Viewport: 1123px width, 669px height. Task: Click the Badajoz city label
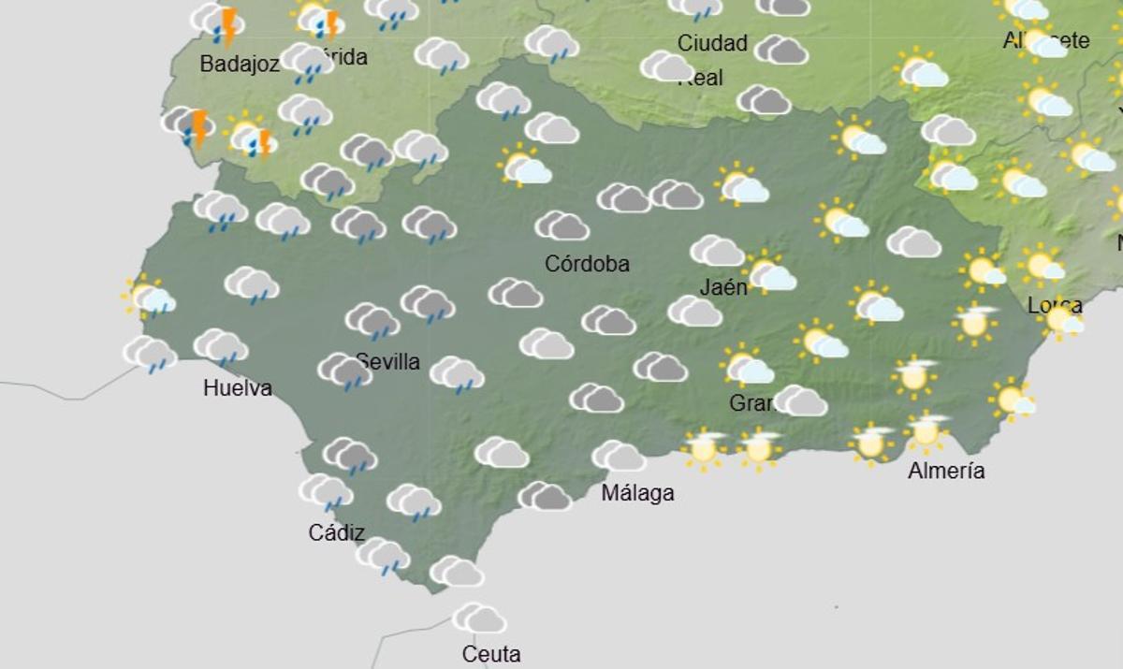pyautogui.click(x=240, y=65)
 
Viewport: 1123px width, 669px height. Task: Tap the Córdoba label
pyautogui.click(x=587, y=264)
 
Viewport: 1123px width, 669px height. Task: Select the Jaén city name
pyautogui.click(x=723, y=286)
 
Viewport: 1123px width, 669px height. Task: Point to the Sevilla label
pyautogui.click(x=387, y=362)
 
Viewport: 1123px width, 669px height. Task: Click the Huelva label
pyautogui.click(x=238, y=388)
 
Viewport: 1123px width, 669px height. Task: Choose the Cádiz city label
pyautogui.click(x=336, y=532)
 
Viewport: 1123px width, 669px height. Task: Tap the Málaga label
pyautogui.click(x=637, y=493)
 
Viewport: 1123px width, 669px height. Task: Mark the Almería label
pyautogui.click(x=946, y=471)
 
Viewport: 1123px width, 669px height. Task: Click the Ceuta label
pyautogui.click(x=491, y=654)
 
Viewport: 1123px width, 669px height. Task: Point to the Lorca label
pyautogui.click(x=1055, y=305)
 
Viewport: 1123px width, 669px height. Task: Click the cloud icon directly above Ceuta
pyautogui.click(x=479, y=618)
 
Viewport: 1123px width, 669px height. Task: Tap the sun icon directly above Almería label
pyautogui.click(x=926, y=431)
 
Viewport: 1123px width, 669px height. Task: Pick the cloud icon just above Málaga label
pyautogui.click(x=619, y=456)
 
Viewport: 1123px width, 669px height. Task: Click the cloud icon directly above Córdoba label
pyautogui.click(x=561, y=225)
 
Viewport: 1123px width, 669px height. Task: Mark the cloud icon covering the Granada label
pyautogui.click(x=800, y=400)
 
